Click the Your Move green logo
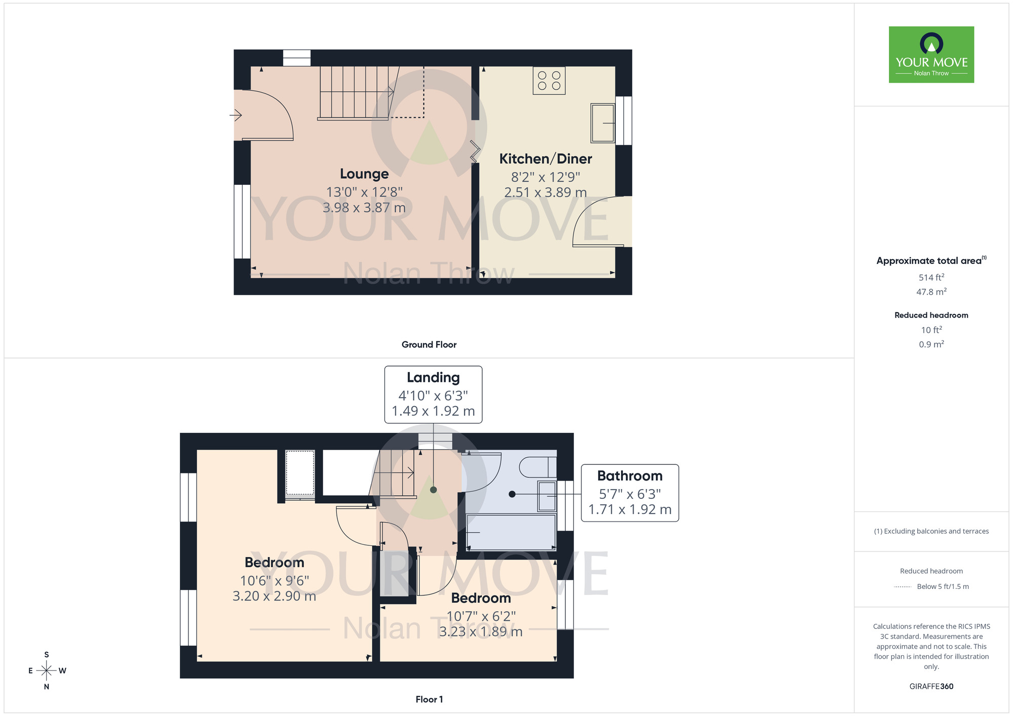(x=931, y=55)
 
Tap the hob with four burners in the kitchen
(x=549, y=81)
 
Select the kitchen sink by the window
(x=602, y=123)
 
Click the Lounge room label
(x=364, y=174)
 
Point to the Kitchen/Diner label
(x=546, y=159)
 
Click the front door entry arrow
(x=236, y=115)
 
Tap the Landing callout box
(x=433, y=394)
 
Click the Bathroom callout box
(x=630, y=493)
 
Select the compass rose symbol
(x=47, y=670)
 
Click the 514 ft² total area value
(x=931, y=277)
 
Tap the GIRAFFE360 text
(x=931, y=687)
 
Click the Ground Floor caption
(x=429, y=345)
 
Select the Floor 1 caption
(x=429, y=699)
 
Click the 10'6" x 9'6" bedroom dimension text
(x=275, y=581)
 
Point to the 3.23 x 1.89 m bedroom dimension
(x=481, y=632)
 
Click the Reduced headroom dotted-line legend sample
(x=903, y=587)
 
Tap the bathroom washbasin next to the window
(x=547, y=496)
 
